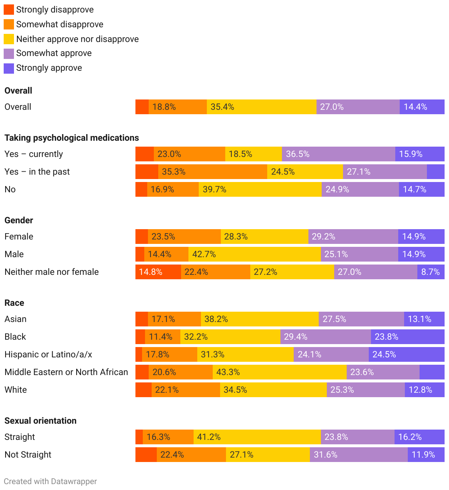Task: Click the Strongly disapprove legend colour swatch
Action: point(9,10)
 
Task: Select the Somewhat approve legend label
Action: point(54,53)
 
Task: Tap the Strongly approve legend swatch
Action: point(9,68)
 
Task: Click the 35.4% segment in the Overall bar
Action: point(261,107)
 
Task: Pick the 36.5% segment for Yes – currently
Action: point(339,154)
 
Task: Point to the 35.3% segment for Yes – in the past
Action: point(213,172)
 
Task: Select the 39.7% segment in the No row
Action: point(260,189)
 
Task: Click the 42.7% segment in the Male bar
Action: point(254,254)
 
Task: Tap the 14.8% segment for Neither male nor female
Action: point(158,272)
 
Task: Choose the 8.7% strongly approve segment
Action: point(431,272)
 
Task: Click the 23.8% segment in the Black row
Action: point(408,337)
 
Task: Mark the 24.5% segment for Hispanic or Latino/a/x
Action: point(407,354)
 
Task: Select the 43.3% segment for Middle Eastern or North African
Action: point(279,372)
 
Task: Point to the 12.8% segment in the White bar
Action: point(425,390)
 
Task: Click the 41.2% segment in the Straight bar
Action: point(257,437)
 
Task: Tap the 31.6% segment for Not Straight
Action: point(358,455)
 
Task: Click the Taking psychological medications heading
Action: point(72,138)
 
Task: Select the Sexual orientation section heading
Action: point(40,421)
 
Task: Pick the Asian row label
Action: point(15,319)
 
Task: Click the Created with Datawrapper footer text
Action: point(50,482)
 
